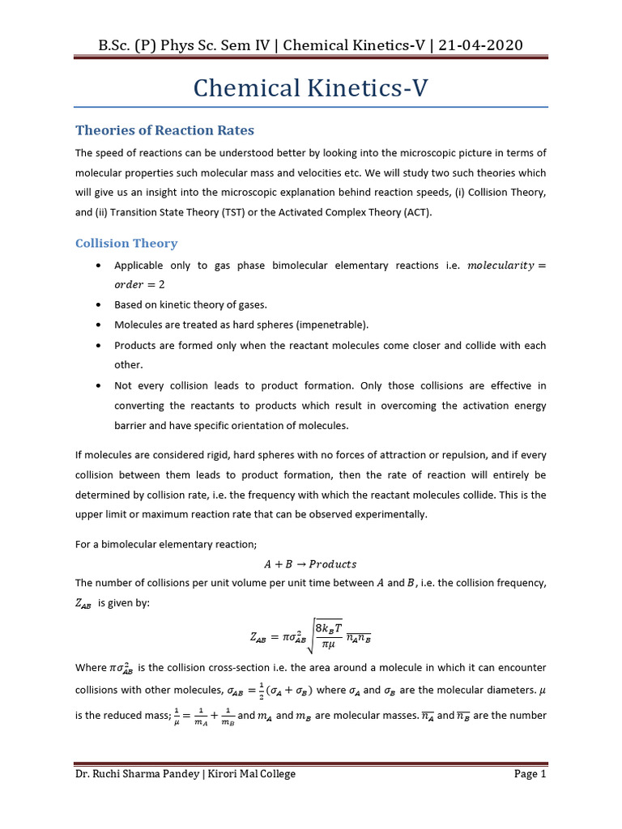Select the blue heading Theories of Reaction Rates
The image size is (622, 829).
coord(164,130)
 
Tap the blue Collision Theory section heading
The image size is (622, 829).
coord(126,243)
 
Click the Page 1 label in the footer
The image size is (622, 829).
coord(530,774)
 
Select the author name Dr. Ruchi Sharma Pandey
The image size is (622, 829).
coord(134,774)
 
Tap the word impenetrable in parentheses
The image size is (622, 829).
coord(331,325)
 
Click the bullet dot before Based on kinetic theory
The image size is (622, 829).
coord(98,305)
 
